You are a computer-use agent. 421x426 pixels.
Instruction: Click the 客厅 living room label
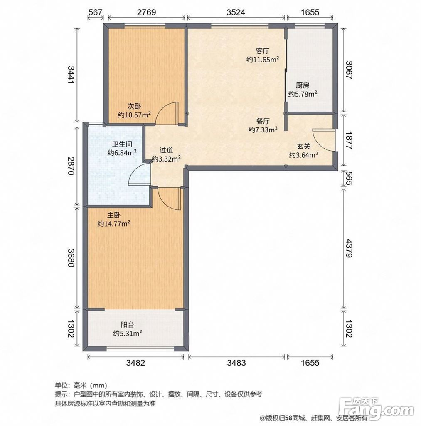263,51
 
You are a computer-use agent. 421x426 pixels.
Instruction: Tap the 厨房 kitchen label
303,86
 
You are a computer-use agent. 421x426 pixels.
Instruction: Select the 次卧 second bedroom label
134,106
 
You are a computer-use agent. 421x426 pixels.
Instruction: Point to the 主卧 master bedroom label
114,215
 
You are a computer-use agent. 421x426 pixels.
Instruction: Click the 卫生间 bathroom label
122,144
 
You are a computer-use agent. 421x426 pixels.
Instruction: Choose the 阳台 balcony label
128,325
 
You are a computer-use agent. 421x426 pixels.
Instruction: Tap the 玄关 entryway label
304,147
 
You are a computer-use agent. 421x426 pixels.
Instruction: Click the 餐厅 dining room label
263,121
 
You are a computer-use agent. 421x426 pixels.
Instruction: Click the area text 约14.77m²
114,224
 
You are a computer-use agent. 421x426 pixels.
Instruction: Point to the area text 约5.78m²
303,94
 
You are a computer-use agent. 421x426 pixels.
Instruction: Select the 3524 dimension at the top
236,12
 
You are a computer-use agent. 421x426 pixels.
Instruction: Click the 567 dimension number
96,12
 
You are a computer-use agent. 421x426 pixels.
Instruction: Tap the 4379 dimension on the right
348,248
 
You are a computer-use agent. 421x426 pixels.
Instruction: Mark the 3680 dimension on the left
71,258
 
